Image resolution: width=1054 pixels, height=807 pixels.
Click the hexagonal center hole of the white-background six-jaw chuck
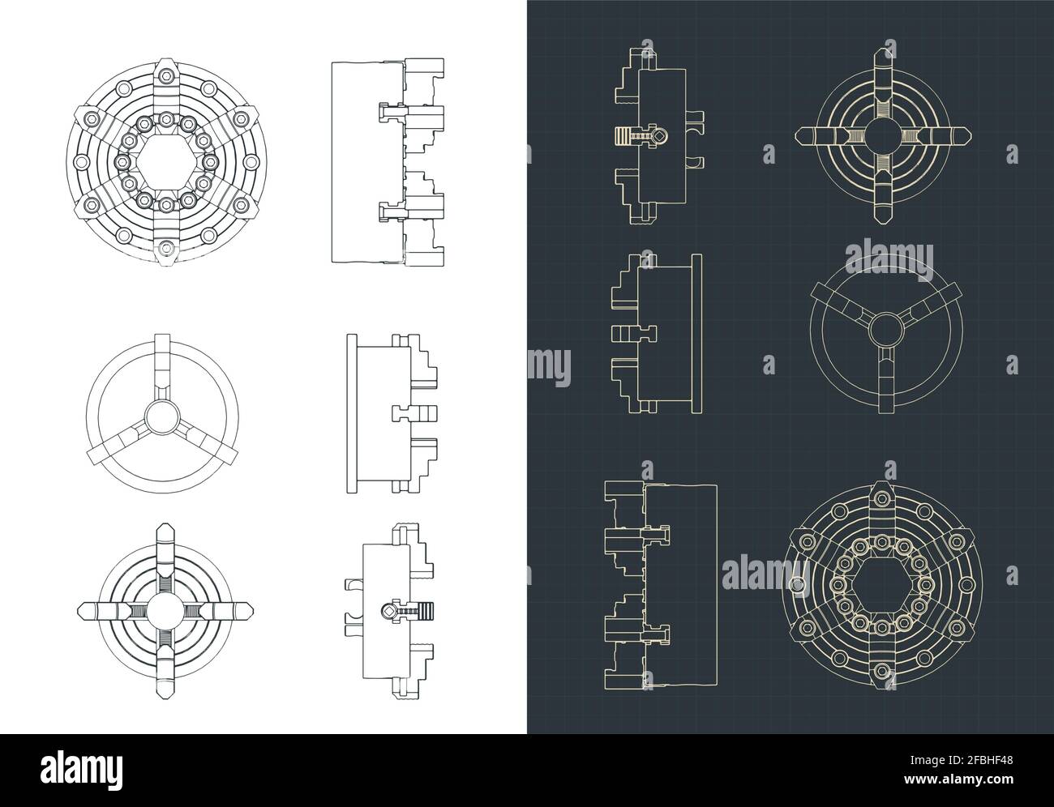166,162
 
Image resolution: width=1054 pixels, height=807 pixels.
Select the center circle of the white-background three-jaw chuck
162,416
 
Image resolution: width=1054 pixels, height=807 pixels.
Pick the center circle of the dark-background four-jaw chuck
884,135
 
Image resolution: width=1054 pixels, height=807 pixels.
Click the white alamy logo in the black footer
82,771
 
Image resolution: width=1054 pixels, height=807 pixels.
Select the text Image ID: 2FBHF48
962,760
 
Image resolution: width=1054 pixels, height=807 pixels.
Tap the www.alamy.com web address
958,779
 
